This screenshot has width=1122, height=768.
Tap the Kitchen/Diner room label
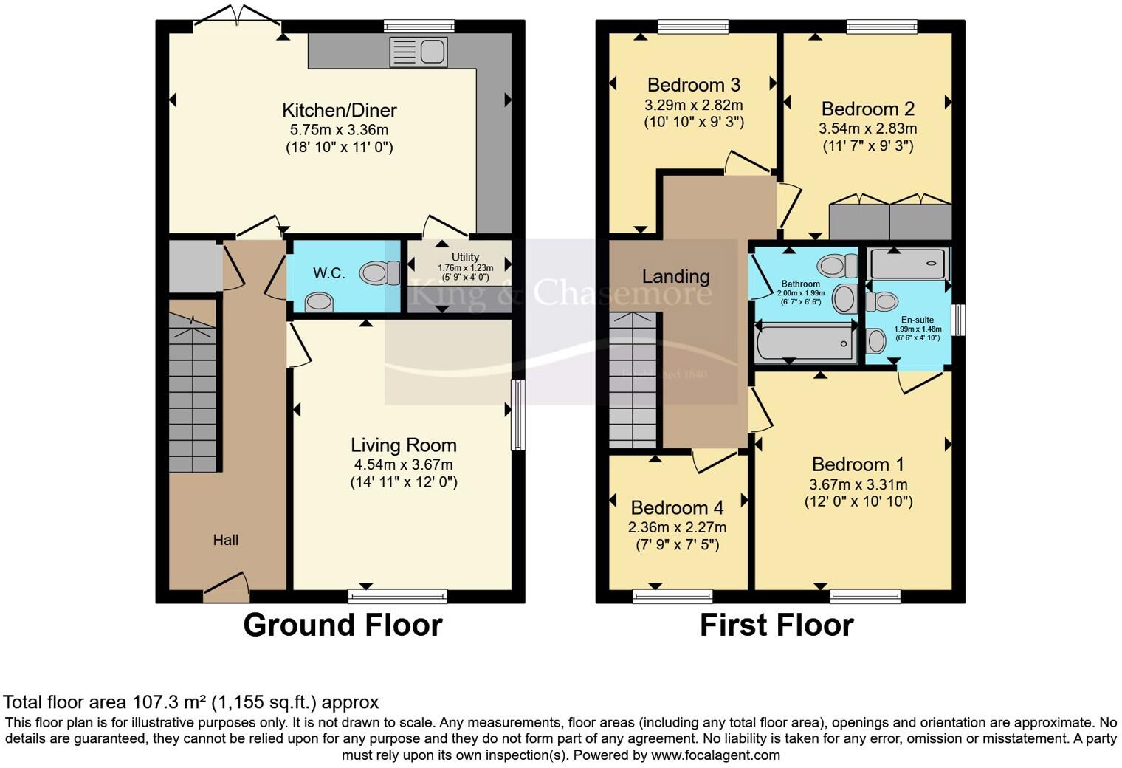tap(340, 110)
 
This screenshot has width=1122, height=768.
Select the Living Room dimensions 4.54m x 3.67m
tap(403, 464)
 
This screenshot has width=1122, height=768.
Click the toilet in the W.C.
tap(377, 273)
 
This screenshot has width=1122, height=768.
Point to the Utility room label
tap(465, 257)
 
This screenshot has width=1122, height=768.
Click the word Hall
tap(225, 540)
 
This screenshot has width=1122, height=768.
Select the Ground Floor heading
tap(343, 625)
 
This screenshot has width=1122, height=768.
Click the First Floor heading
tap(776, 625)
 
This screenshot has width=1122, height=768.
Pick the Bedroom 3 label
tap(693, 85)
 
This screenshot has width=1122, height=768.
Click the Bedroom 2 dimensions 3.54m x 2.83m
tap(867, 128)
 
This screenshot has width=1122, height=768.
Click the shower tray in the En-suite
tap(907, 264)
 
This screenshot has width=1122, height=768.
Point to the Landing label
tap(675, 276)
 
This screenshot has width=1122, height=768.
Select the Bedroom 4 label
tap(677, 508)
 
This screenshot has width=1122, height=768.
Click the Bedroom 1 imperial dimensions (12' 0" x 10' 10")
tap(858, 501)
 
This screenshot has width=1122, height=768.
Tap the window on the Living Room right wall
tap(518, 414)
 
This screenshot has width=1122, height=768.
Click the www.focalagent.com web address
tap(715, 755)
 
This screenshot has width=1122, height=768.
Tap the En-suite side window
tap(957, 320)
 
